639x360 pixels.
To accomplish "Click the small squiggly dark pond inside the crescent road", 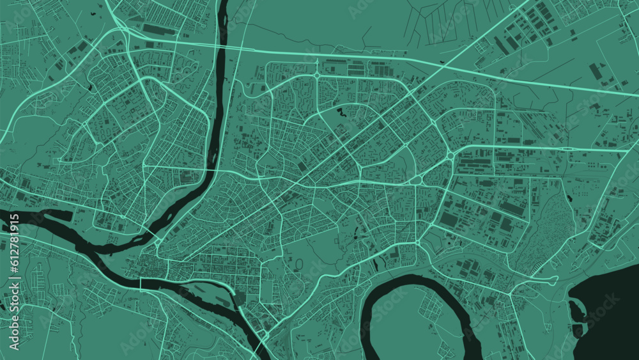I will [341, 113].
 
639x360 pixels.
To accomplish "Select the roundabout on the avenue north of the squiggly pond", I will [318, 75].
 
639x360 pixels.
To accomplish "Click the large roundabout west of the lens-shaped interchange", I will [450, 155].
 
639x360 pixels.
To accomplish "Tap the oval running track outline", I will [298, 263].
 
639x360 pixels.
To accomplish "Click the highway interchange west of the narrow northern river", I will [121, 26].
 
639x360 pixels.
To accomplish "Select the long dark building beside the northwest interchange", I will [157, 29].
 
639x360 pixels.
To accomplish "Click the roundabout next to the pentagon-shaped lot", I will [419, 243].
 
